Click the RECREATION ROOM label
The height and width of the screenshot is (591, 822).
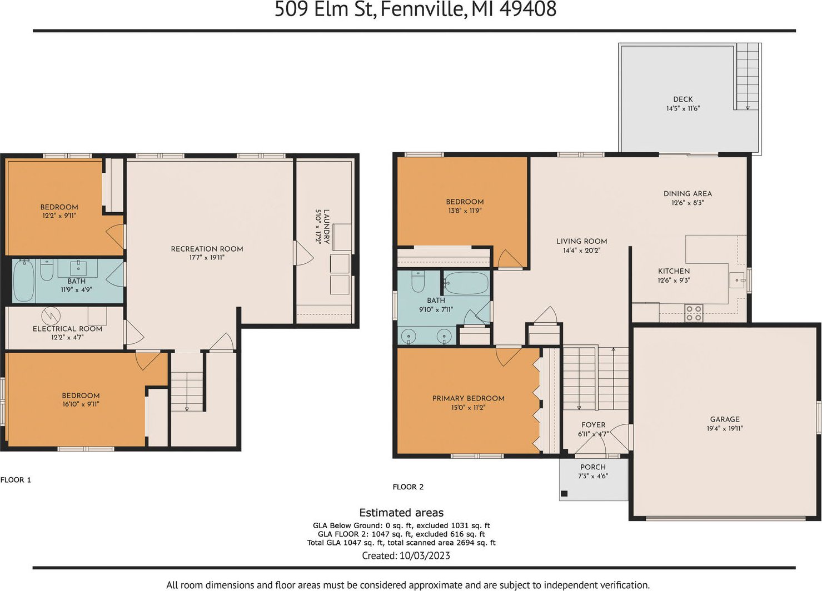click(207, 249)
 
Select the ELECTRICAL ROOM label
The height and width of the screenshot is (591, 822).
click(67, 329)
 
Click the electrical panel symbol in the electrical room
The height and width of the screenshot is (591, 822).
click(51, 316)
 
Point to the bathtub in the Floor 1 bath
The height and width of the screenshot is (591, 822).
click(24, 281)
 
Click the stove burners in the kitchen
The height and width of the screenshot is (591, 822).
click(694, 313)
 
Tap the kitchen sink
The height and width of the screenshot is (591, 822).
click(736, 281)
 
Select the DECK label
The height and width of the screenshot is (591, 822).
click(683, 99)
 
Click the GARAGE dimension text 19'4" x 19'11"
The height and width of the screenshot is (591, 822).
click(725, 428)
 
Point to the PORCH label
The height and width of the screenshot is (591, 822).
click(593, 467)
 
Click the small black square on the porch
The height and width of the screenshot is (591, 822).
click(564, 493)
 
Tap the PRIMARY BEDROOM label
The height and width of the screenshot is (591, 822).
click(469, 398)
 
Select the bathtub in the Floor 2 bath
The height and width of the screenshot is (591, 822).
click(466, 283)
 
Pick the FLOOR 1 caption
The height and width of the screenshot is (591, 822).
click(16, 480)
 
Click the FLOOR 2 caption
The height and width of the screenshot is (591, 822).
click(408, 487)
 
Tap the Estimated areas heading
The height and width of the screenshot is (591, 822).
click(401, 513)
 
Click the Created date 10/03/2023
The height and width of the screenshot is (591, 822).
click(425, 555)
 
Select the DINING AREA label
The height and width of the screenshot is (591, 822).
click(688, 194)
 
